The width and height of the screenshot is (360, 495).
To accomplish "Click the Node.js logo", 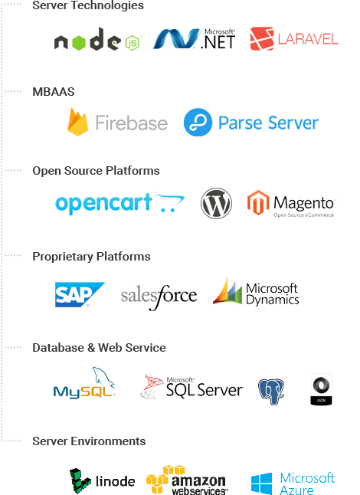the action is (x=97, y=39).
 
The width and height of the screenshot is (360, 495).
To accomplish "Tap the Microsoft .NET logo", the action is (x=195, y=39).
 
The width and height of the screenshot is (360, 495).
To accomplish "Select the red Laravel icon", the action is (x=262, y=39).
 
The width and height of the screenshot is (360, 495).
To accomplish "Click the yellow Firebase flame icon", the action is (x=77, y=122).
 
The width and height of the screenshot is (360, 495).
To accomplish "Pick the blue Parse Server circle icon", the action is (x=198, y=122).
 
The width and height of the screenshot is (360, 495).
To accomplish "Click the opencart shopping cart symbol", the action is (x=170, y=202).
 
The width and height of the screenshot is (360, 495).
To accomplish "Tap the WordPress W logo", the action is (x=216, y=203).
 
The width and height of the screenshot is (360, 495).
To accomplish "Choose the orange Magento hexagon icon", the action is (x=258, y=202).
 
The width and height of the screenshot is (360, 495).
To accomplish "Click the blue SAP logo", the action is (x=80, y=294).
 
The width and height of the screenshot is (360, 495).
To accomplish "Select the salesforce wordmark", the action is (x=159, y=297).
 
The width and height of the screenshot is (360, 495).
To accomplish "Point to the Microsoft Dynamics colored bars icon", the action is (x=227, y=291).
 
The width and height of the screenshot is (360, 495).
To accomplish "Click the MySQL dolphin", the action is (x=103, y=377).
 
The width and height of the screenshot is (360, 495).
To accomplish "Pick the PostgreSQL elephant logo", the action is (x=271, y=392).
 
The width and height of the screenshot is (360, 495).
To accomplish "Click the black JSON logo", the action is (x=321, y=389).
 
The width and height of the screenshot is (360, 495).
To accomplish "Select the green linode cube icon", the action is (x=80, y=481).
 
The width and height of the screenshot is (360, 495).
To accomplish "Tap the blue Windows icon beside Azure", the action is (x=261, y=484).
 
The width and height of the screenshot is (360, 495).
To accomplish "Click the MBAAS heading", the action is (x=54, y=91).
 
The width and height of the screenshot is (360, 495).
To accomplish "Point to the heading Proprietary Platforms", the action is (x=91, y=257).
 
